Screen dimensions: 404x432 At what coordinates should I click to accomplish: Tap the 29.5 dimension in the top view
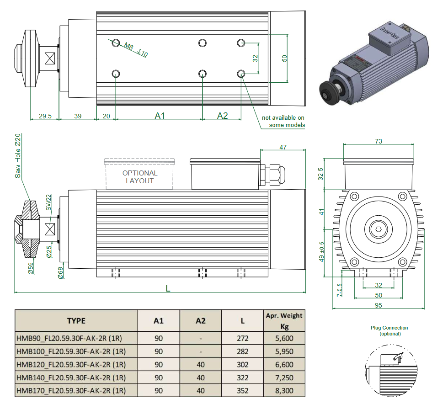pyautogui.click(x=45, y=116)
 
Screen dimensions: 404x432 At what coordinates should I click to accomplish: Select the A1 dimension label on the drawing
pyautogui.click(x=160, y=116)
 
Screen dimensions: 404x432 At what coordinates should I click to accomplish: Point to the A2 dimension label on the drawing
pyautogui.click(x=222, y=116)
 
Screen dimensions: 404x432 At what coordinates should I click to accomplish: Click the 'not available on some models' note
pyautogui.click(x=283, y=121)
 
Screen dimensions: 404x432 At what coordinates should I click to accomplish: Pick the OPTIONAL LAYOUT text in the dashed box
pyautogui.click(x=140, y=177)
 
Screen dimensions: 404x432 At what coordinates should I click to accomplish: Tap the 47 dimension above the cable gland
pyautogui.click(x=283, y=147)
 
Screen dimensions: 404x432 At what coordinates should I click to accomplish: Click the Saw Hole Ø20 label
pyautogui.click(x=18, y=156)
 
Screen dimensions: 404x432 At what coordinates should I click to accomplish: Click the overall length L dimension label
pyautogui.click(x=168, y=288)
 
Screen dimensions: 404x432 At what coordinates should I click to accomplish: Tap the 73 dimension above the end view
pyautogui.click(x=378, y=141)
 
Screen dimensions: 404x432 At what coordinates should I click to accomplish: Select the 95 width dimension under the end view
pyautogui.click(x=378, y=305)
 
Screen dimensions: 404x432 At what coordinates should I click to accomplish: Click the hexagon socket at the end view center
pyautogui.click(x=379, y=229)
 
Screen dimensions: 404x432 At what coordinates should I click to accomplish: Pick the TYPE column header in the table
pyautogui.click(x=76, y=320)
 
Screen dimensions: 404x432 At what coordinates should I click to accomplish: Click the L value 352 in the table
pyautogui.click(x=243, y=390)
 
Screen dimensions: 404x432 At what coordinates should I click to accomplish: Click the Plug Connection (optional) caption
pyautogui.click(x=389, y=330)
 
